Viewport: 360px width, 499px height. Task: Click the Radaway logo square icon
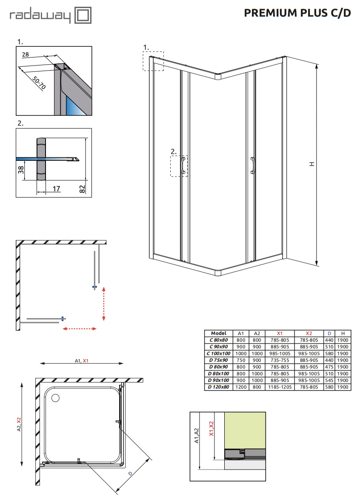coord(83,15)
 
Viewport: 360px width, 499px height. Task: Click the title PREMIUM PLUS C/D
coord(297,13)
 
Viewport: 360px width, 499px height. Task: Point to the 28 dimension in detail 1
coord(26,54)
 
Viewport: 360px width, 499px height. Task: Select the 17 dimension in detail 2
coord(56,189)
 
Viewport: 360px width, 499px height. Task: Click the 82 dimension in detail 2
coord(82,189)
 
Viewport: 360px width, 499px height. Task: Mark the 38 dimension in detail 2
coord(21,170)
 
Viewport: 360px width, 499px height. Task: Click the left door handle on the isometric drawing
coord(183,165)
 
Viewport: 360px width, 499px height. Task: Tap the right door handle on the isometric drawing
coord(253,165)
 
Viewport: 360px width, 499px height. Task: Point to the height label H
coord(312,164)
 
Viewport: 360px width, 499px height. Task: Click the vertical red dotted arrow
coord(104,304)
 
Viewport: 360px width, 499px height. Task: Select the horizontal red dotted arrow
coord(79,328)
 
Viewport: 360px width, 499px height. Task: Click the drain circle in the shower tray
coord(55,398)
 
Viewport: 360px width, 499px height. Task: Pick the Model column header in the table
coord(219,333)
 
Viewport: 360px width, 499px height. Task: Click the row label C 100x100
coord(219,354)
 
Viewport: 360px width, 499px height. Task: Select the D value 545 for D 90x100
coord(329,380)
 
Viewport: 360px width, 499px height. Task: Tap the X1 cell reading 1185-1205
coord(280,387)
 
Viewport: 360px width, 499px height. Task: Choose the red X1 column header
coord(280,333)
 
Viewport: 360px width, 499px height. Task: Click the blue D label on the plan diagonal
coord(130,473)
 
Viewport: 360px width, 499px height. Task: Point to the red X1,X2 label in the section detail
coord(211,428)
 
